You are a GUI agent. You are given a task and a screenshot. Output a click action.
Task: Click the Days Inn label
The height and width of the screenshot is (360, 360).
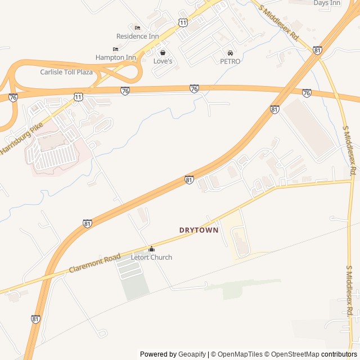[327, 3]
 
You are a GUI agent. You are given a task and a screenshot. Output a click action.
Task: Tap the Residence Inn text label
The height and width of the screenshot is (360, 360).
[137, 36]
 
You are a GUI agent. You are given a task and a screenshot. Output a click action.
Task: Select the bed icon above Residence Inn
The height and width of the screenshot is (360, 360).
[137, 28]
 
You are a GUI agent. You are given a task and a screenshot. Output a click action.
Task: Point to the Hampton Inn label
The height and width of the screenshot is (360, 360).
[116, 57]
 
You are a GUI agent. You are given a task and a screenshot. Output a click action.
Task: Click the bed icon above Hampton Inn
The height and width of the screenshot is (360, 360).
[116, 49]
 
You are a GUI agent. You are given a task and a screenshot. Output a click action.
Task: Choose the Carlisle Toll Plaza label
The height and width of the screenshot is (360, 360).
[66, 72]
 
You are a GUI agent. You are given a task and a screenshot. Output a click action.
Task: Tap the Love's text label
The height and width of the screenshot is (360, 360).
[163, 61]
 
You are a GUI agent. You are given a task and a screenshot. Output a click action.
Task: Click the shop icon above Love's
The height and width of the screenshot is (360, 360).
[163, 52]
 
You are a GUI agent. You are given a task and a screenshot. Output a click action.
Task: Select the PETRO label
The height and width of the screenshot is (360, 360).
[230, 61]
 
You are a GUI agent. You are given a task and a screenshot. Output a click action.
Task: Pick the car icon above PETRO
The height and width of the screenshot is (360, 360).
[230, 53]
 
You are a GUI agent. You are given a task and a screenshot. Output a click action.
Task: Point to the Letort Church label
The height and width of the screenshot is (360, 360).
[151, 257]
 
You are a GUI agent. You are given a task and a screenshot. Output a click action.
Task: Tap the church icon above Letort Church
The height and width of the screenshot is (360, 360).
[151, 249]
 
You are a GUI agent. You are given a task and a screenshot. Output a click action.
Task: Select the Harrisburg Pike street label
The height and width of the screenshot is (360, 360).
[21, 139]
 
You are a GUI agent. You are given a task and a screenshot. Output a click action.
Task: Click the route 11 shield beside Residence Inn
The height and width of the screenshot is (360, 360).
[182, 22]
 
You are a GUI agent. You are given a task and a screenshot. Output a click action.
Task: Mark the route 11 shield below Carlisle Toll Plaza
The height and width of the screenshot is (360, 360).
[78, 97]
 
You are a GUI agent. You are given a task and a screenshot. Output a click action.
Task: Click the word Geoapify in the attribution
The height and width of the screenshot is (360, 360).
[192, 354]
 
